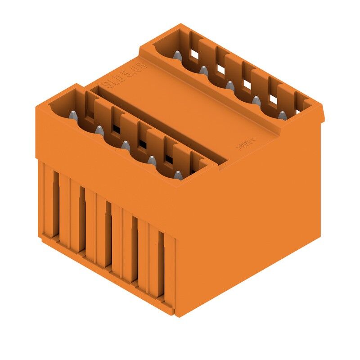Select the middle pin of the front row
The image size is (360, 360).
(x=126, y=145)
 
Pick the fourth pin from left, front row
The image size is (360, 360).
(x=152, y=160)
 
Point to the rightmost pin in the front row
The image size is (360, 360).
(x=178, y=175)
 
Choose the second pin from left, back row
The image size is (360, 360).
(x=204, y=70)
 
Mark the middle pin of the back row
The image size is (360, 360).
(x=230, y=85)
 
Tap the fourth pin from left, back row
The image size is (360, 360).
(x=256, y=100)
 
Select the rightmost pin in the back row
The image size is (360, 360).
(x=282, y=115)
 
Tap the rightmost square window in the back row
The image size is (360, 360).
(x=273, y=98)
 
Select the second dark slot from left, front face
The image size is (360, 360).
(x=82, y=218)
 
